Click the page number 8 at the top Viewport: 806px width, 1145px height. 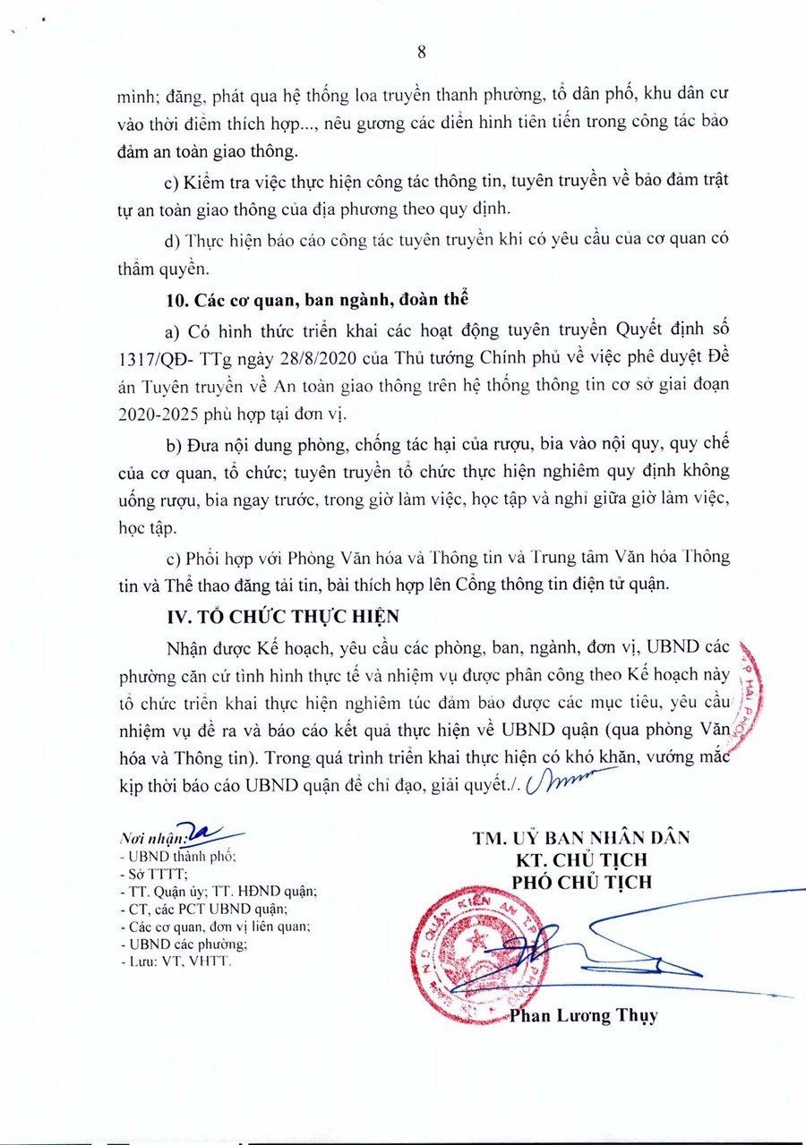[421, 53]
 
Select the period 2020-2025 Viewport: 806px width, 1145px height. [156, 414]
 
